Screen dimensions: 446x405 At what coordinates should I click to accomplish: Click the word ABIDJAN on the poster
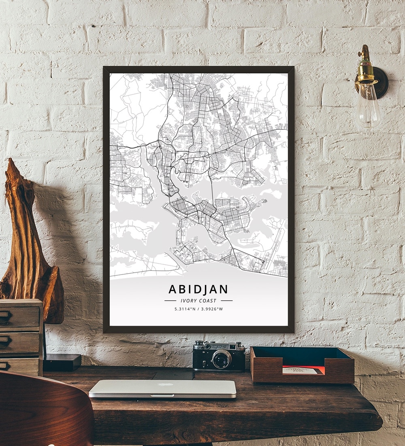click(x=198, y=289)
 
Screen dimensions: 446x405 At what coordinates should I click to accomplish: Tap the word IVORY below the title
click(x=188, y=301)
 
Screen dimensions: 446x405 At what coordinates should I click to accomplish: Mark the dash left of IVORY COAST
click(x=170, y=301)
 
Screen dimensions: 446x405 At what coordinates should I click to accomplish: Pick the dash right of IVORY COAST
click(x=227, y=301)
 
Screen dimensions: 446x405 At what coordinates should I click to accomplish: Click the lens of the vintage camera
click(x=222, y=359)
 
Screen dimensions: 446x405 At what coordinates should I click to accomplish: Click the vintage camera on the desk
click(x=219, y=356)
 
